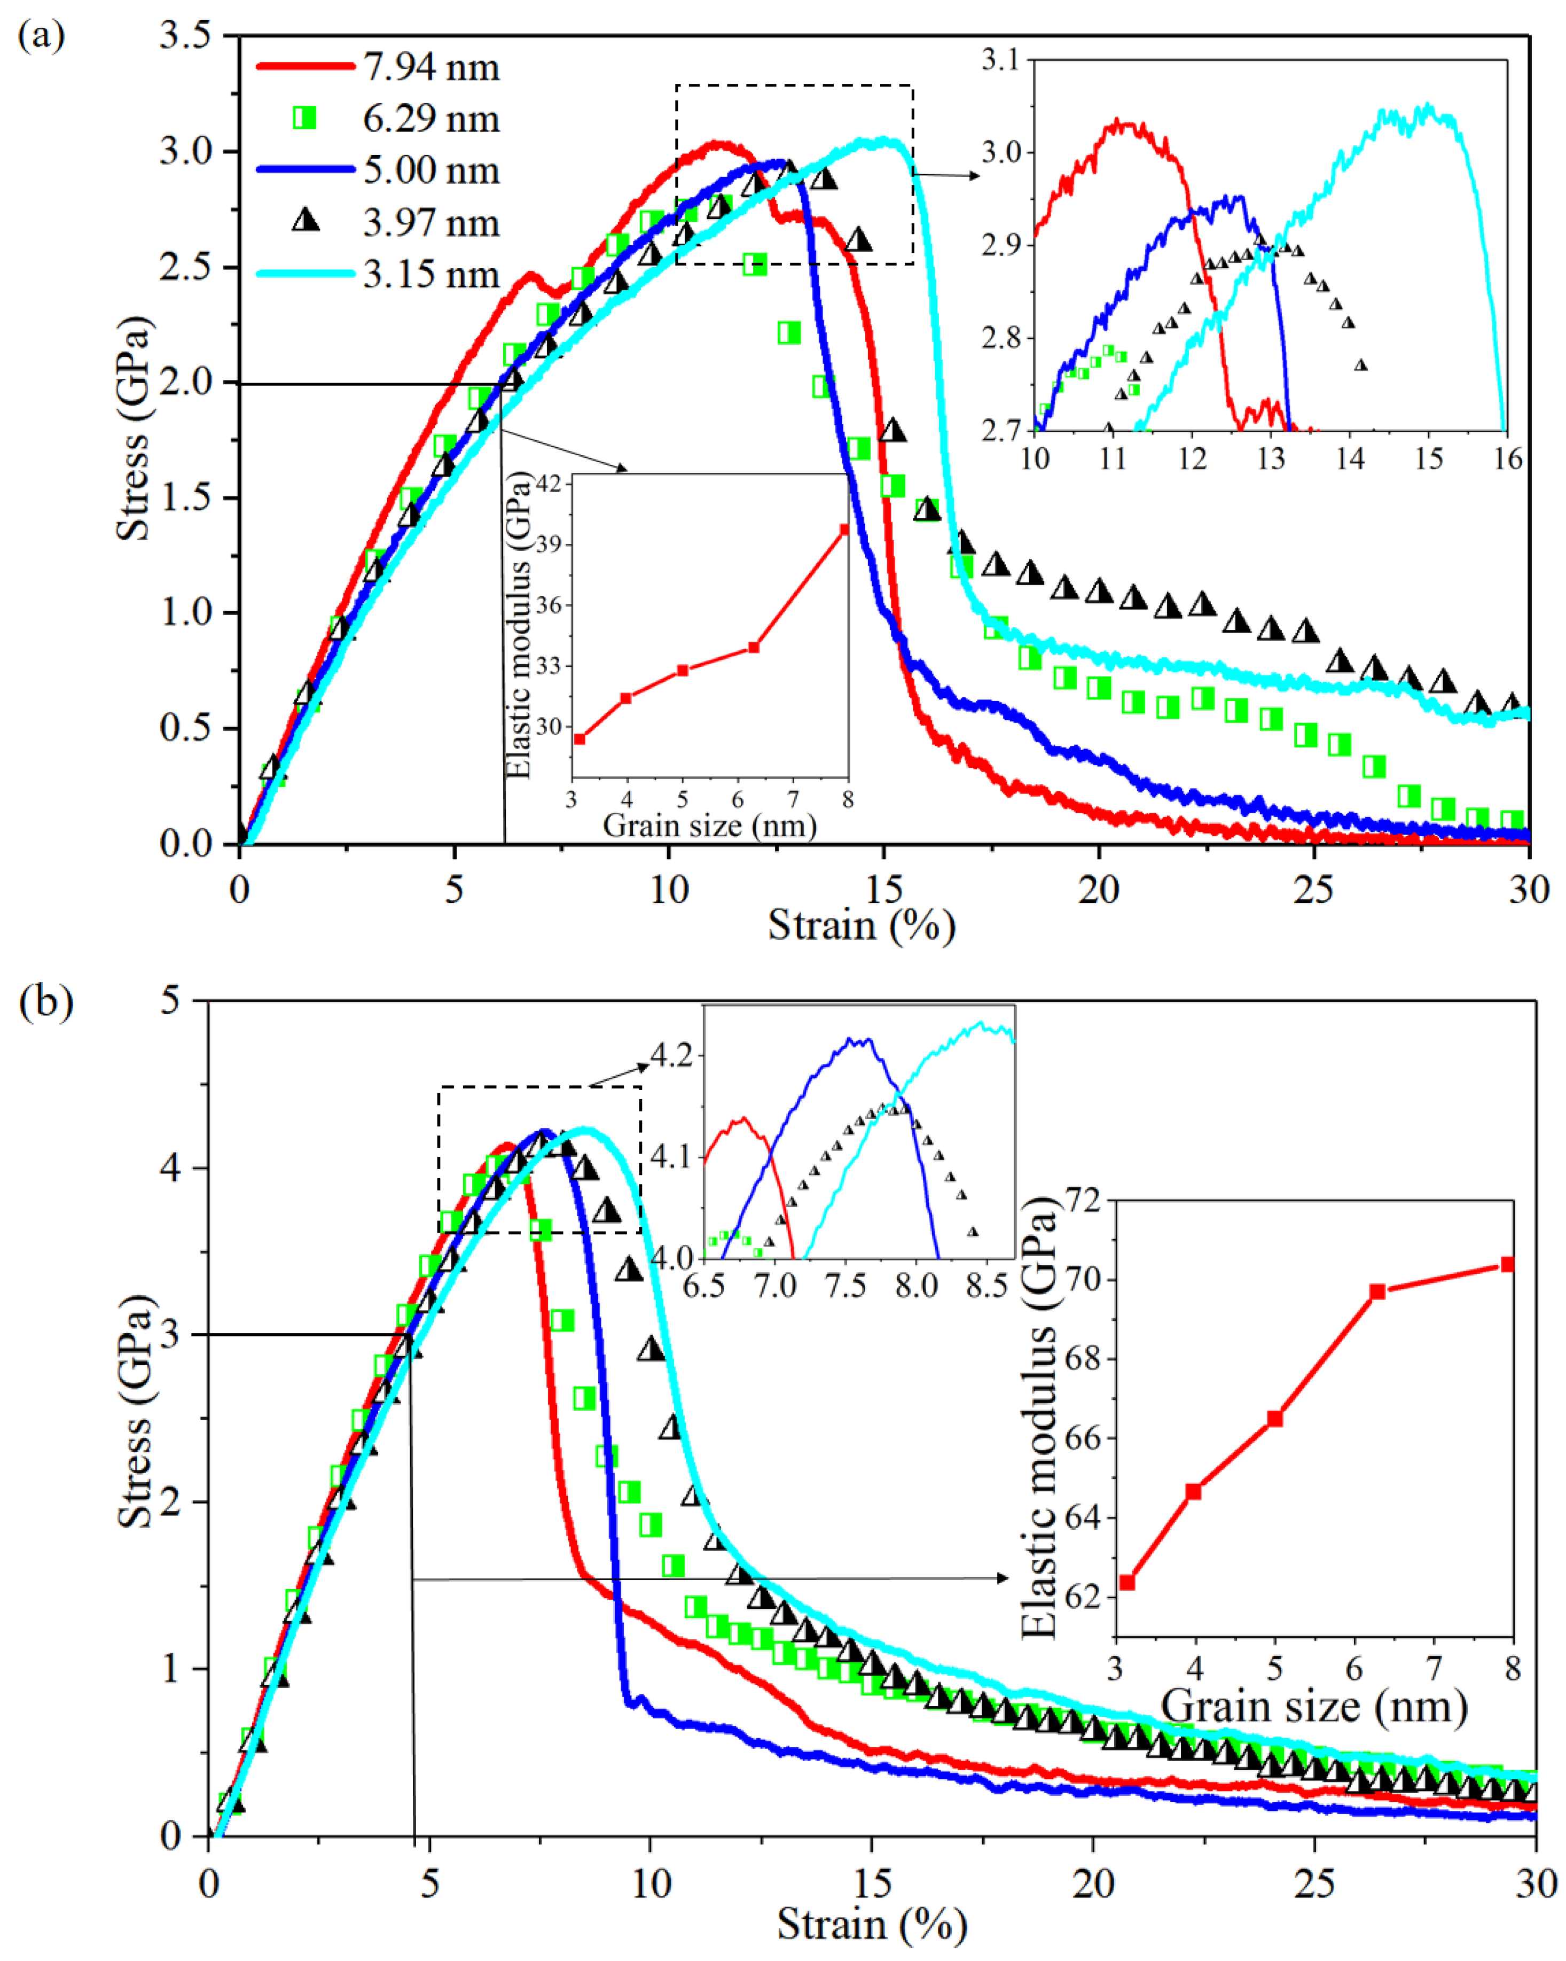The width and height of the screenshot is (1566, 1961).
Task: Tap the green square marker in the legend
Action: (304, 118)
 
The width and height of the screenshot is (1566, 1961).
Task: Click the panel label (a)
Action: (41, 36)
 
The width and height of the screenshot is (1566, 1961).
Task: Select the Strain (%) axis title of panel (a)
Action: (860, 926)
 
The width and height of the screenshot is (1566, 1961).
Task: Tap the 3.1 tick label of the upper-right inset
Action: (1001, 60)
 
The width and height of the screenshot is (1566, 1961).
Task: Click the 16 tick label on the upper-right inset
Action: (1507, 458)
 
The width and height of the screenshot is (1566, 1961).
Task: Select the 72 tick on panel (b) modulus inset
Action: (1081, 1201)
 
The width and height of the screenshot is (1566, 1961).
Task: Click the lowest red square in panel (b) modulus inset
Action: (1127, 1583)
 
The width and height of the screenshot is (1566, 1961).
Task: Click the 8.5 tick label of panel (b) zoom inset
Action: (986, 1286)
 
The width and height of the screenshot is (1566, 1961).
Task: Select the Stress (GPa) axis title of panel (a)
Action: (133, 427)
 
